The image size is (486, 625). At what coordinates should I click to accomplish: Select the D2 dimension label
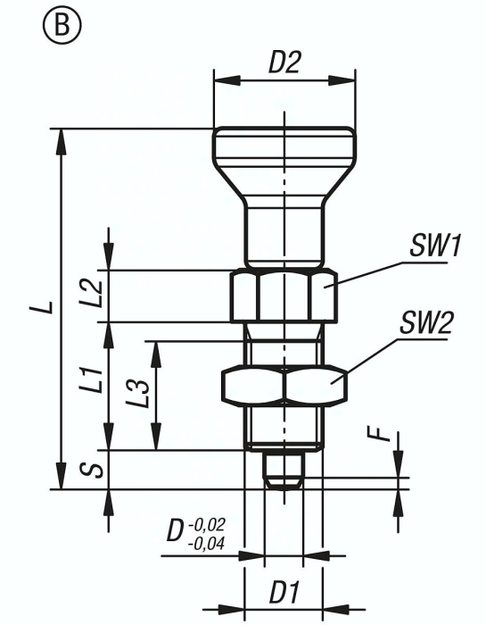pos(285,64)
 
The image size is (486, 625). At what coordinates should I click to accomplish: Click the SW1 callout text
pos(434,245)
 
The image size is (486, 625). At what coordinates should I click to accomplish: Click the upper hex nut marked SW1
pos(284,297)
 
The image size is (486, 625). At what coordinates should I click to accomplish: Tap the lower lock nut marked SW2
pos(284,383)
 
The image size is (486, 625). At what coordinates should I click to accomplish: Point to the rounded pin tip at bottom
pos(284,471)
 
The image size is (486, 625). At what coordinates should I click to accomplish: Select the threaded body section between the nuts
pos(284,344)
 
